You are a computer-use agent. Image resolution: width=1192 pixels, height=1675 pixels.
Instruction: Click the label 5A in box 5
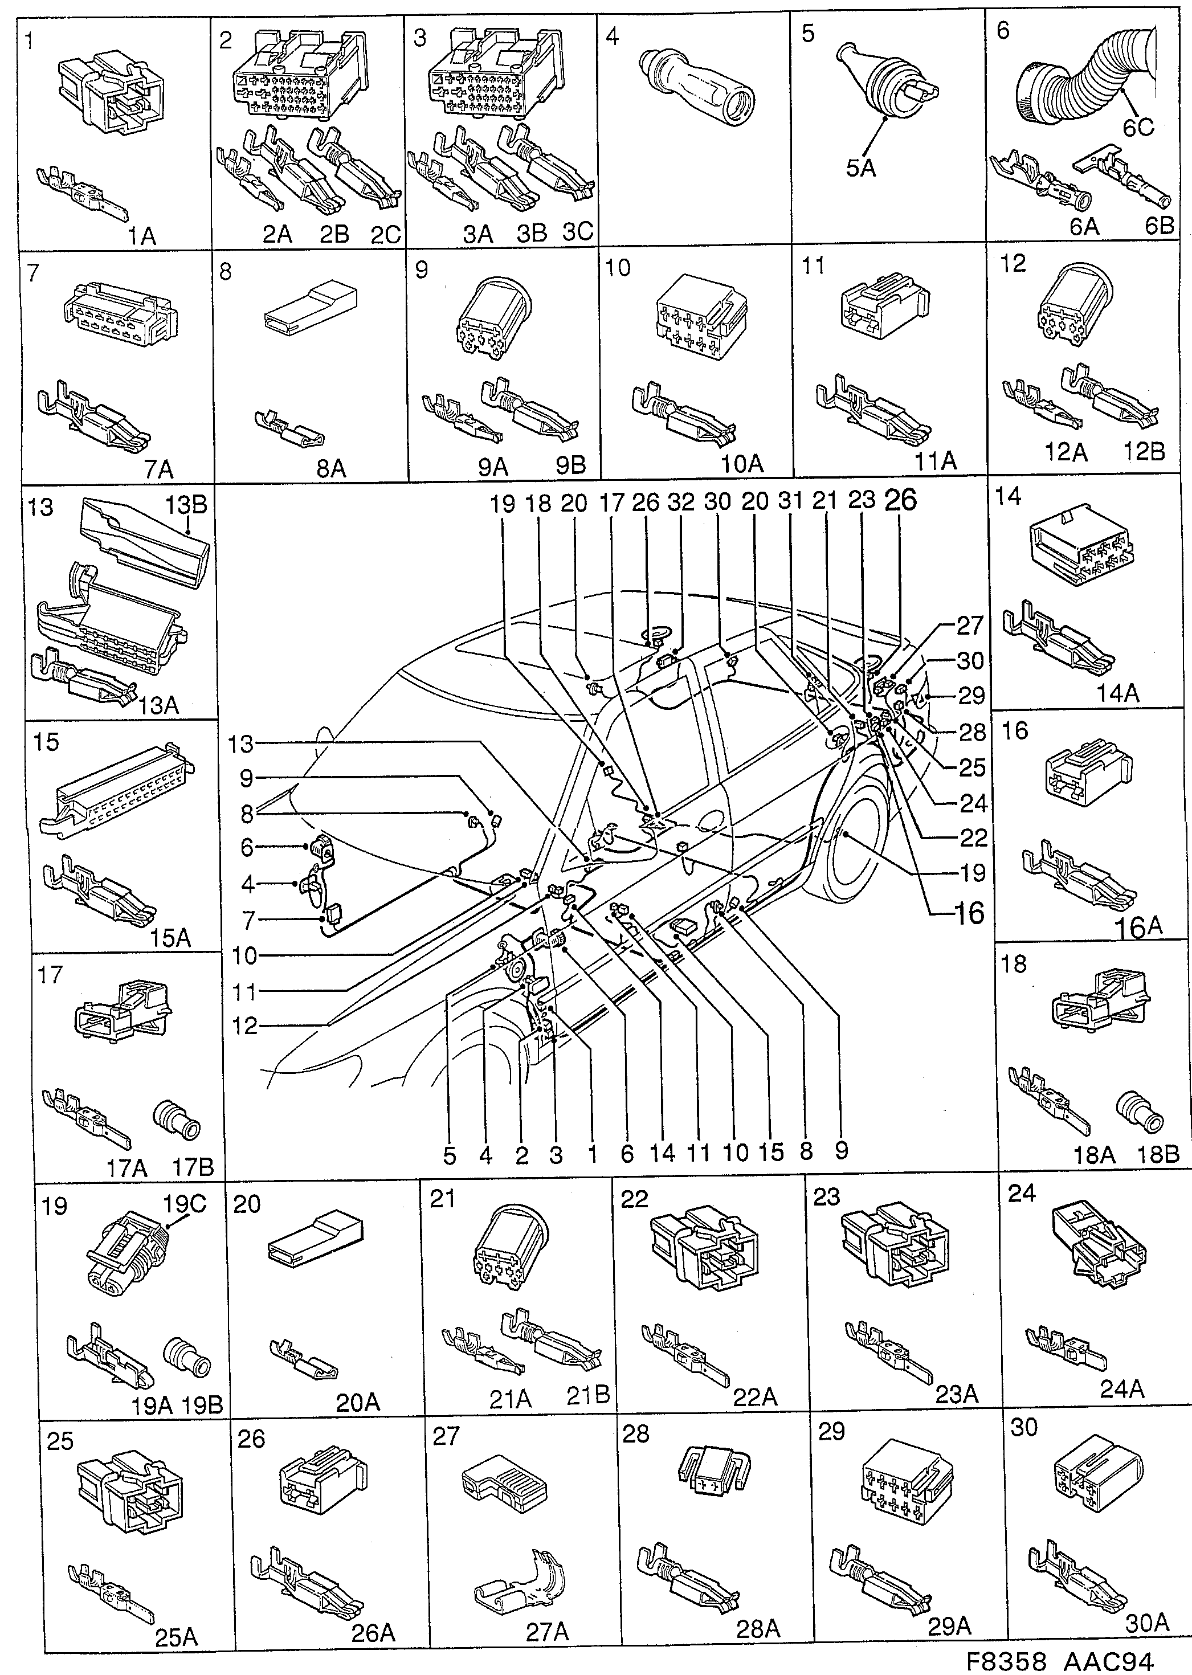coord(860,168)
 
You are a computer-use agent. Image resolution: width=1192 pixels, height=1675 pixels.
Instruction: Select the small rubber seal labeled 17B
coord(175,1120)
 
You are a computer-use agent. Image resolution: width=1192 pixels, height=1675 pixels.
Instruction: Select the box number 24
coord(1021,1194)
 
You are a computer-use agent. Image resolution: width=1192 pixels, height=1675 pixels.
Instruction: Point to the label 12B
coord(1144,451)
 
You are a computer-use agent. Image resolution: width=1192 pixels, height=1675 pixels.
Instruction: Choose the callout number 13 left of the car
coord(239,744)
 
